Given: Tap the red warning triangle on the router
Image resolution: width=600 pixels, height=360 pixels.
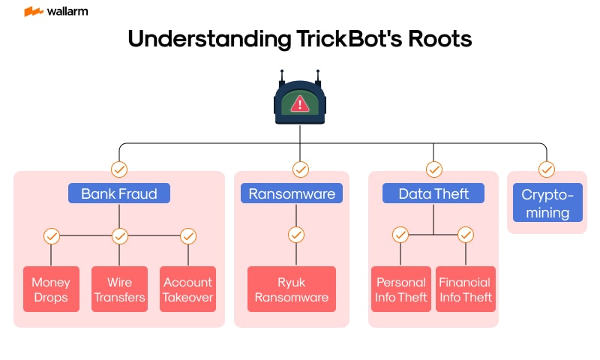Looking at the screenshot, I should [x=300, y=103].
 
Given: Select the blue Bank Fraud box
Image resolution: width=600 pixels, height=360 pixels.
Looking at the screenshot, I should [x=119, y=193].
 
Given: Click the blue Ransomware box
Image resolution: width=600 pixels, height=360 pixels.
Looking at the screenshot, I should [x=292, y=193].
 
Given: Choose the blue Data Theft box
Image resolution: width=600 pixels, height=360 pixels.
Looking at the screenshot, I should [x=433, y=193].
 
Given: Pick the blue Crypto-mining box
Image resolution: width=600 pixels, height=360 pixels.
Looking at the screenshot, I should [x=547, y=203].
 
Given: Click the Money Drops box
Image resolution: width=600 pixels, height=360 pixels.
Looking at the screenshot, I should [x=51, y=289].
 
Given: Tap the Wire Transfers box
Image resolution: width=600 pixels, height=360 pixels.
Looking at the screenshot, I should [x=119, y=289].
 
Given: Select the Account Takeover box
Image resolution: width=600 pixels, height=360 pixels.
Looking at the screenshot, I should [x=187, y=289].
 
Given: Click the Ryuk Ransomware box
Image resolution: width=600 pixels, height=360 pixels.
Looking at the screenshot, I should [x=292, y=289].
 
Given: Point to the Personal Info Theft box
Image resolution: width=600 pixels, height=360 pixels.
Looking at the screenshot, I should [x=401, y=289].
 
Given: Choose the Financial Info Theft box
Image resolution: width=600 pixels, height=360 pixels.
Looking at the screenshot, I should [x=465, y=289].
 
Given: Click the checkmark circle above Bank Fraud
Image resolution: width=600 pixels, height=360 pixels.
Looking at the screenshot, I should [x=119, y=169].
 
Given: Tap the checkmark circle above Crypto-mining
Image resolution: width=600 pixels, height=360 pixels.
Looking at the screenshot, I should [x=547, y=169].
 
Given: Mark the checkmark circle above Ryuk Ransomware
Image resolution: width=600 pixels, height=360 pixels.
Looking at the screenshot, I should [x=296, y=235].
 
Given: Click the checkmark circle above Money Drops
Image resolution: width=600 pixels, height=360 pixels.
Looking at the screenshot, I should [x=51, y=236].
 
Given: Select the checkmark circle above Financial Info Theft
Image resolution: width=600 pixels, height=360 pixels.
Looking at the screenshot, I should [x=466, y=235].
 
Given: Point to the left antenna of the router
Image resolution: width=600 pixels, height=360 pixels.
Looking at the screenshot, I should [x=282, y=76].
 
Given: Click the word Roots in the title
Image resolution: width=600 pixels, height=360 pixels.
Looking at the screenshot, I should [x=436, y=39].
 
